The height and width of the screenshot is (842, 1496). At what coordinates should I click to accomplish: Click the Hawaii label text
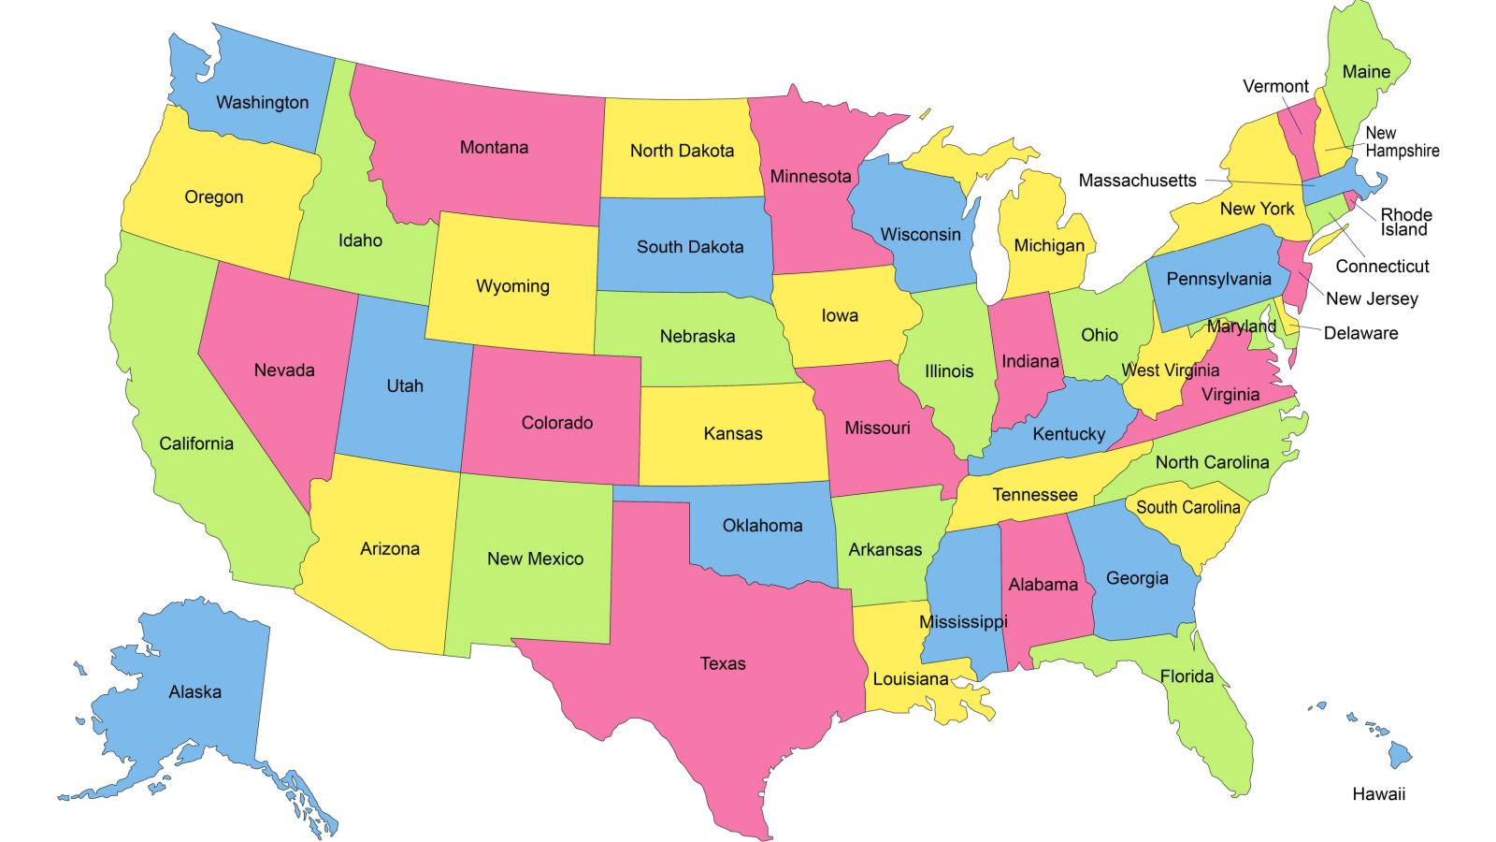tap(1378, 794)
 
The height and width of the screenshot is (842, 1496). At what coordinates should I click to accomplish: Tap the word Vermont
tap(1275, 86)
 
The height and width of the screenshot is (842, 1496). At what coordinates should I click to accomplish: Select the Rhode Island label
tap(1405, 222)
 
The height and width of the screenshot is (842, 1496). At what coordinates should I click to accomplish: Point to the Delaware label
tap(1360, 333)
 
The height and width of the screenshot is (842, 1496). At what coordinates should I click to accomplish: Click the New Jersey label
tap(1372, 298)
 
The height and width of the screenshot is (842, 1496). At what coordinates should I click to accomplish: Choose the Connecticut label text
tap(1382, 267)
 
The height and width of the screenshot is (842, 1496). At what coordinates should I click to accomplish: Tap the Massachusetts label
tap(1137, 181)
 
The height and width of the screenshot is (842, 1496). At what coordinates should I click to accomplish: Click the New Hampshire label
tap(1401, 142)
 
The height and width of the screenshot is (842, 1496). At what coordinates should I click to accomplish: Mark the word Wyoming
tap(512, 286)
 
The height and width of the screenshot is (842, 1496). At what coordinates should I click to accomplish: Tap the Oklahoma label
tap(762, 526)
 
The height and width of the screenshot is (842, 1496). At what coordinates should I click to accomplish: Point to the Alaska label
tap(194, 692)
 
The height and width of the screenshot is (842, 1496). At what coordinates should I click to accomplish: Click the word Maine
tap(1366, 72)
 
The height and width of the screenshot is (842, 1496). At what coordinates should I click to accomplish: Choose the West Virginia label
tap(1171, 370)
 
